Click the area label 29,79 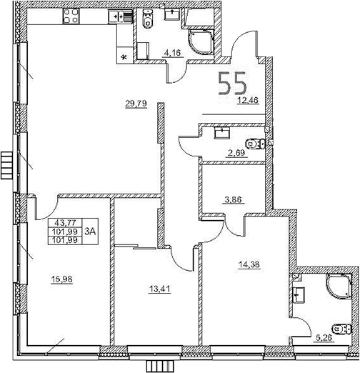(131, 104)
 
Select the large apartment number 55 (234, 84)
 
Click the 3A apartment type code (91, 231)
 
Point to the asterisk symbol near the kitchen (124, 57)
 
